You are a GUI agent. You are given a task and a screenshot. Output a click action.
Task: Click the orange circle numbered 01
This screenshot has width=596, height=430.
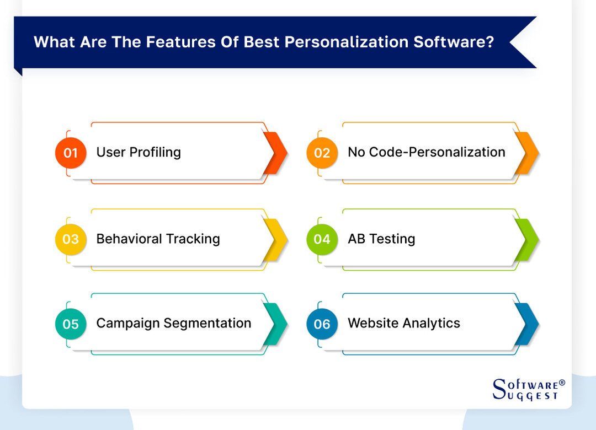pos(71,153)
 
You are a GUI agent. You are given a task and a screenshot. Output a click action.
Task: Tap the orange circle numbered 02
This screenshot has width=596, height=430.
pos(322,153)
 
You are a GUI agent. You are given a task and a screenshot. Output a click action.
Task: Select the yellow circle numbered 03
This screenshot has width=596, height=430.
pos(71,239)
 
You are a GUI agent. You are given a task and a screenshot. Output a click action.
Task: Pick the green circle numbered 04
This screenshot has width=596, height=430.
pos(322,239)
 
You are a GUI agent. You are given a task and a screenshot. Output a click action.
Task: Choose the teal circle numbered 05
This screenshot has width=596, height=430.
pos(71,324)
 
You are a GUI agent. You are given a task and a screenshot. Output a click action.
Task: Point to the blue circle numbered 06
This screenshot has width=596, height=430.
pos(322,324)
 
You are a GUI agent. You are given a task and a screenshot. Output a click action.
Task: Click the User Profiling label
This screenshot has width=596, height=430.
pos(139,152)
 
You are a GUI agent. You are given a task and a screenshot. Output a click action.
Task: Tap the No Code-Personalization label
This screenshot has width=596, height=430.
pos(426,152)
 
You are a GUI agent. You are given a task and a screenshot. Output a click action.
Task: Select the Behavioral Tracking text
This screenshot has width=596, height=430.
pos(158,239)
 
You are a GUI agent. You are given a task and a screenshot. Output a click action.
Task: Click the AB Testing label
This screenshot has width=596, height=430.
pos(381,239)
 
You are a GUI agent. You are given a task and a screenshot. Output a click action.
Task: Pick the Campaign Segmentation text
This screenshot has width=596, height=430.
pos(173,323)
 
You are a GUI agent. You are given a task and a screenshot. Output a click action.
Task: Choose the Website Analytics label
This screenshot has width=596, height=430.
pos(403,323)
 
